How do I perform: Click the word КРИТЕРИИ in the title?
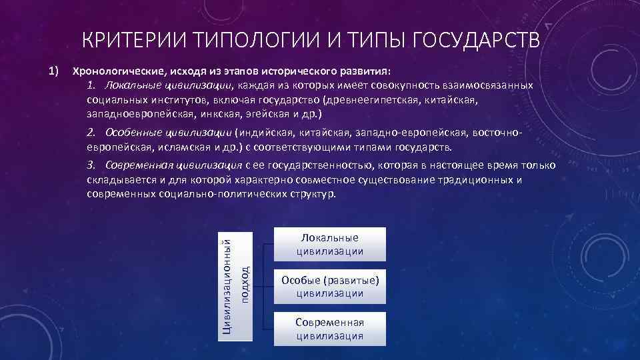click(131, 41)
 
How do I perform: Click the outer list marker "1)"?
click(54, 69)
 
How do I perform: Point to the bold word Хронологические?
click(113, 70)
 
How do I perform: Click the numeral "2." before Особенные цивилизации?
click(92, 132)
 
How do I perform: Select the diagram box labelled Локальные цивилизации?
click(330, 244)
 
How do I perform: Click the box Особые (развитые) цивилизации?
click(330, 286)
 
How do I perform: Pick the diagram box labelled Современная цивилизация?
click(330, 329)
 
